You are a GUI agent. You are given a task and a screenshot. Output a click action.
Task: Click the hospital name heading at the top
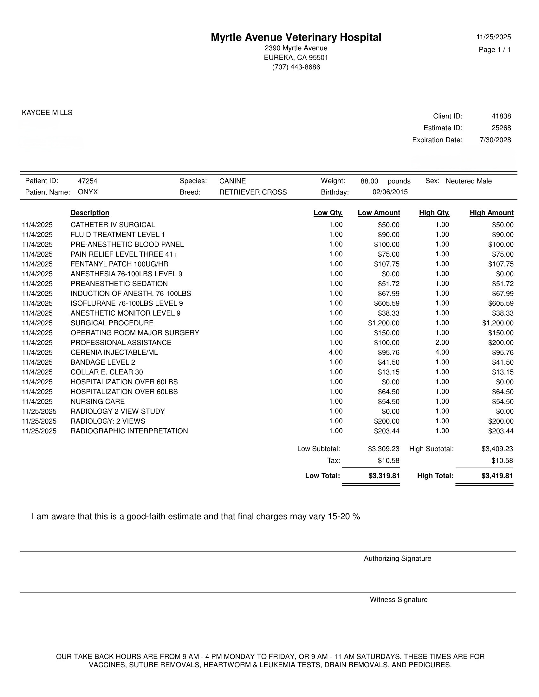296,37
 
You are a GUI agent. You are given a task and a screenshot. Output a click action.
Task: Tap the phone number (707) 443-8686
296,67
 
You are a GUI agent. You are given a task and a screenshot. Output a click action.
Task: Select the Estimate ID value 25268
501,128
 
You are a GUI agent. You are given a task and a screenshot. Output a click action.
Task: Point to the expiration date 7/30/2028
495,140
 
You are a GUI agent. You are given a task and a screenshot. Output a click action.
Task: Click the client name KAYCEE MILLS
47,113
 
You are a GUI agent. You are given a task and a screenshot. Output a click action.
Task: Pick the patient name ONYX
88,192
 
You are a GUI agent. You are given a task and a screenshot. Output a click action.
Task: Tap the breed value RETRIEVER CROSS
253,192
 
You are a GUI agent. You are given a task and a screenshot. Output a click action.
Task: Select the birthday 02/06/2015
390,192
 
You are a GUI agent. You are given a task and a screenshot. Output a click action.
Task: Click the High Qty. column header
434,213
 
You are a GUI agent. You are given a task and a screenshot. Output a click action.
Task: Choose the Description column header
90,213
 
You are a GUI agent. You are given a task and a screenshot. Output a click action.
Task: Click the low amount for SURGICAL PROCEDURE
384,323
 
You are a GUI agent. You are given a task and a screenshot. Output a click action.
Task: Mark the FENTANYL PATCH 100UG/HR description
119,264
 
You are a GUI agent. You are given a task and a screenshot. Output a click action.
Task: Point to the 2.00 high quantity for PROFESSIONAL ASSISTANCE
442,342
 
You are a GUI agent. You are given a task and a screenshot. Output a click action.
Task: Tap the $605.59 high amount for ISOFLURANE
501,304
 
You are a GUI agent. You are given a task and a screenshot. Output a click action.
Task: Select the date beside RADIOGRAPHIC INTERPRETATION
39,431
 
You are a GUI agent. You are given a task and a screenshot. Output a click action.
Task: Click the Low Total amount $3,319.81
384,476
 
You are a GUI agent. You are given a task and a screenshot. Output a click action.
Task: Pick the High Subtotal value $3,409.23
497,449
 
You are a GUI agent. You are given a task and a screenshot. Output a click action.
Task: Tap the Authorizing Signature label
397,559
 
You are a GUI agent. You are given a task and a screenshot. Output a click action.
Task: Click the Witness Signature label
399,600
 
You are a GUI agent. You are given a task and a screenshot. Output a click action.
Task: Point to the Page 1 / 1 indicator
495,50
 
